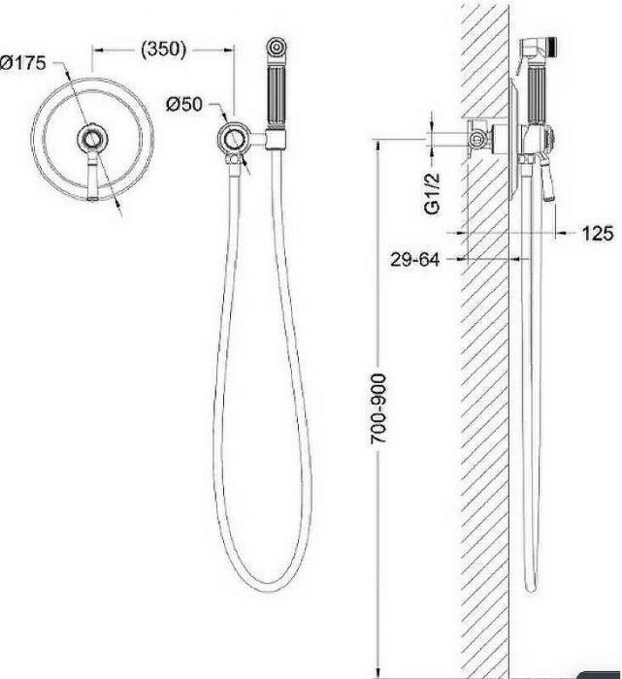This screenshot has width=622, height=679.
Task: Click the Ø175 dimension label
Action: point(22,63)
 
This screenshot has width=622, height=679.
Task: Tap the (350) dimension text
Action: point(163,49)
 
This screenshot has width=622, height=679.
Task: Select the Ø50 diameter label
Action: point(184,105)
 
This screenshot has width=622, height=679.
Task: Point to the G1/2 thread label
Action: point(432,193)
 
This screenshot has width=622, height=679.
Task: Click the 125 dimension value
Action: point(598,234)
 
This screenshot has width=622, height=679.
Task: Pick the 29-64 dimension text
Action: point(415,259)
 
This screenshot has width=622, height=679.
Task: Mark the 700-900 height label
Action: point(378,408)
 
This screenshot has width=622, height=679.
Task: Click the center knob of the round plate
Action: point(92,140)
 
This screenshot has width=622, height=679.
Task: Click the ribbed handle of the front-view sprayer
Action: point(276,96)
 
